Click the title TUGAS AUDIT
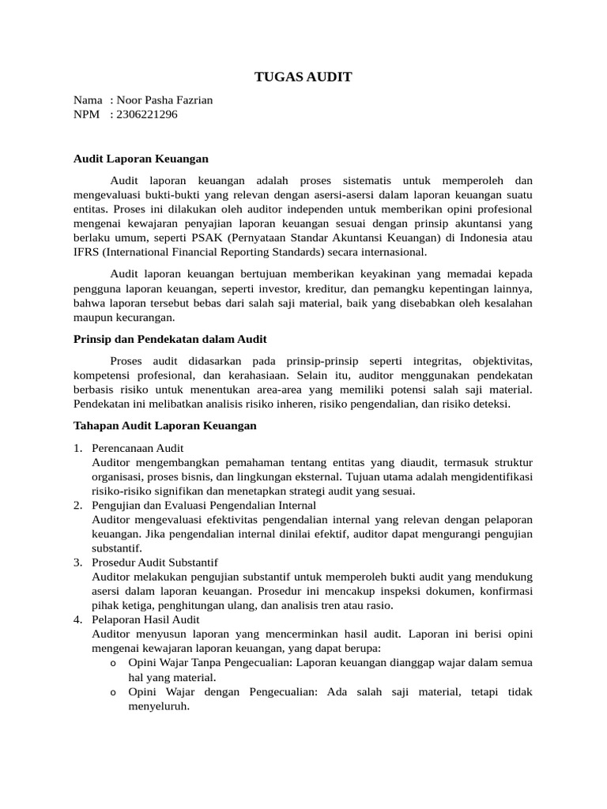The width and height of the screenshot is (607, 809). coord(303,77)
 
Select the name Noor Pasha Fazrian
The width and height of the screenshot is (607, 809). coord(164,100)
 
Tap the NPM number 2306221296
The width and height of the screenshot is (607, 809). coord(146,115)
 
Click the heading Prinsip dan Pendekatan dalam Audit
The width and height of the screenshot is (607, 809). coord(170,339)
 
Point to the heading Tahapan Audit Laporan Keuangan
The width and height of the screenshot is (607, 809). coord(164,425)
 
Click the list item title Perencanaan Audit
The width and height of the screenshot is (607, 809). coord(138,448)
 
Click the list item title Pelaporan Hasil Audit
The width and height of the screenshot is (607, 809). coord(145,619)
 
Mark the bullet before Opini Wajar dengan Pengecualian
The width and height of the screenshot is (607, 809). coord(114,693)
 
